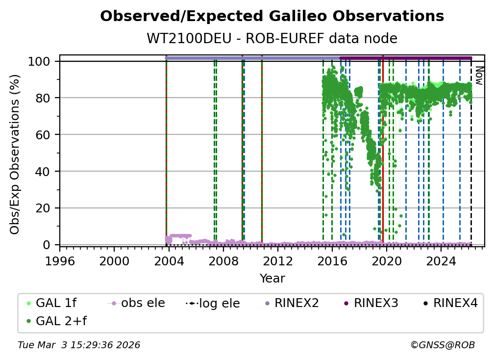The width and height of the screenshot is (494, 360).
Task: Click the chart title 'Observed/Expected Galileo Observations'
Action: (272, 17)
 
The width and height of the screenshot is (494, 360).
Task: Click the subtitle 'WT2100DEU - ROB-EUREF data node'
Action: (272, 39)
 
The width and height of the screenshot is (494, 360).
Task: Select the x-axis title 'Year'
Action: (272, 279)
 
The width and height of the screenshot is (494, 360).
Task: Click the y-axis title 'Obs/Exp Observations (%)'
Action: (15, 154)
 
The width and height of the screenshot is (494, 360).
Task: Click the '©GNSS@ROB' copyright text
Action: (442, 345)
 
